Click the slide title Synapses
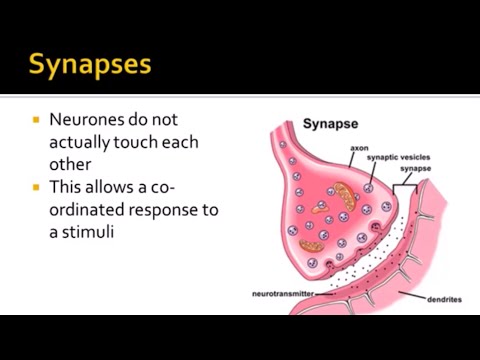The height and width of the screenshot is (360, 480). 90,66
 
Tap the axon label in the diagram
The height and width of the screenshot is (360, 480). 359,148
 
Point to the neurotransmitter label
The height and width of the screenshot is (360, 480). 283,294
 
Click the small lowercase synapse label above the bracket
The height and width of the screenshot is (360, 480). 414,169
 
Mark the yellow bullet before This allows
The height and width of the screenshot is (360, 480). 37,186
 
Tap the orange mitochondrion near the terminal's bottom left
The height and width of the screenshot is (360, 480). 311,243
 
